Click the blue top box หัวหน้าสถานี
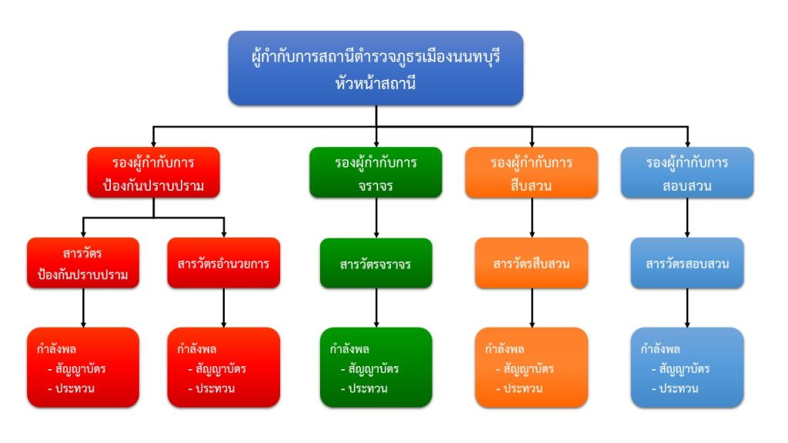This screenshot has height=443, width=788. (x=376, y=68)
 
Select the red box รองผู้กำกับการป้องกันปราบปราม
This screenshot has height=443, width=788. (x=153, y=173)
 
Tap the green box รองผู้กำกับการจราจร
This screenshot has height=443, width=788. (x=376, y=173)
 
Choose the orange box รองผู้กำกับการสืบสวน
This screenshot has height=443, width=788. (x=532, y=173)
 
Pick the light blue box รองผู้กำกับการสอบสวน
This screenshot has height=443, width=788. (x=687, y=173)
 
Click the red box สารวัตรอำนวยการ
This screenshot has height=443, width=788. (x=223, y=264)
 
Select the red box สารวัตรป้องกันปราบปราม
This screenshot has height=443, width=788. (x=83, y=264)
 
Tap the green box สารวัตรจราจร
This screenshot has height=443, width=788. (x=376, y=264)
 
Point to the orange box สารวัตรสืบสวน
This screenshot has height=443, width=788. (x=532, y=264)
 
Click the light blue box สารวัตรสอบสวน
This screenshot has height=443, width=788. (x=687, y=264)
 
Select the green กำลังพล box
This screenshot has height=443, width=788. (x=376, y=368)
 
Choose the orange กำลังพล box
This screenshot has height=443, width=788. (x=532, y=368)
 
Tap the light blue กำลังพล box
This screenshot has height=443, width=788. (x=687, y=368)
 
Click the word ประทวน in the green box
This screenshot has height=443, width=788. (x=368, y=388)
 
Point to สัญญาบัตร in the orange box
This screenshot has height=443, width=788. (x=529, y=369)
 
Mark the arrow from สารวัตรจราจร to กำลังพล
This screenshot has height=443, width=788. (x=376, y=308)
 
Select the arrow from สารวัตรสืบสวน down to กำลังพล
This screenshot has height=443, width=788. (x=532, y=308)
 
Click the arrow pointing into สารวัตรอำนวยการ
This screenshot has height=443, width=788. (x=223, y=228)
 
